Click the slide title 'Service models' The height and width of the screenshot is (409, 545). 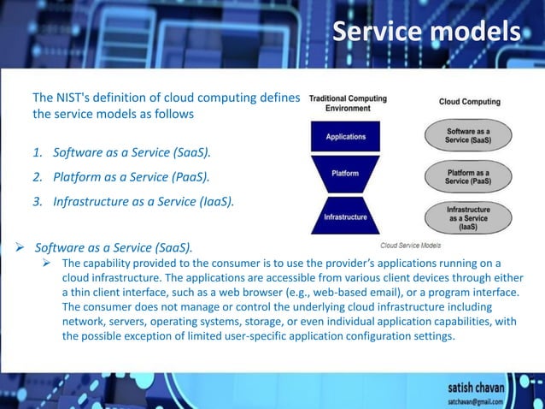coord(425,32)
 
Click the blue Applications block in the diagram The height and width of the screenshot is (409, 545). coord(345,136)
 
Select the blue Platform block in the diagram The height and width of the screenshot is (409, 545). coord(345,175)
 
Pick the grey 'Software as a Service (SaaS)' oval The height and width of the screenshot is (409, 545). coord(469,135)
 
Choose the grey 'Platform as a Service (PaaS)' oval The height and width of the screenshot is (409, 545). coord(469,176)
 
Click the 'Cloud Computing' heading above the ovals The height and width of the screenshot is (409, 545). coord(469,102)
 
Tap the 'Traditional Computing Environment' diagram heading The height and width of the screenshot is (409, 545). coord(347,103)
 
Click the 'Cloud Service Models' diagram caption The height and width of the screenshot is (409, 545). coord(409,244)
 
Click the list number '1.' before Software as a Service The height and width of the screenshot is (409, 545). coord(38,153)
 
